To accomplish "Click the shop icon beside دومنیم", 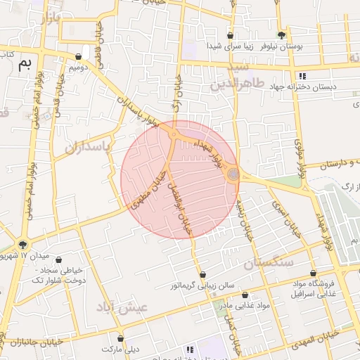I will (x=78, y=57).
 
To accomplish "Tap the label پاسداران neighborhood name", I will (x=89, y=147).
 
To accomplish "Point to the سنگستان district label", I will (x=268, y=264).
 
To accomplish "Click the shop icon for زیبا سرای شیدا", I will (x=230, y=35).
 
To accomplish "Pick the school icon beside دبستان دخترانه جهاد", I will (x=302, y=76).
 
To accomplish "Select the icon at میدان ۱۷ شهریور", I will (x=25, y=245).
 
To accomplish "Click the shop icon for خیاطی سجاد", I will (x=58, y=260).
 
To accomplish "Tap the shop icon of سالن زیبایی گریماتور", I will (x=203, y=275).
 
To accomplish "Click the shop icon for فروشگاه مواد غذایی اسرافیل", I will (x=313, y=274).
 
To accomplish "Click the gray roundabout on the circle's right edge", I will (x=233, y=174).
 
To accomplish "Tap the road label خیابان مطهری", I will (x=149, y=189).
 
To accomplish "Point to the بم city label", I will (x=24, y=65).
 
